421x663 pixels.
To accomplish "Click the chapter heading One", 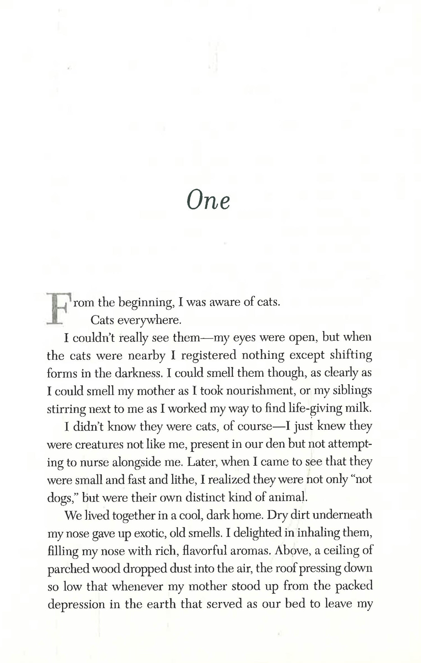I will [x=208, y=201].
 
